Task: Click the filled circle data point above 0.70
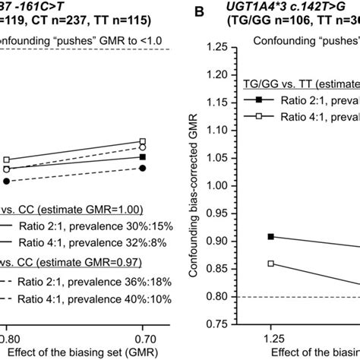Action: [x=143, y=167]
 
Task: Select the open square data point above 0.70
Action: [x=143, y=141]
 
